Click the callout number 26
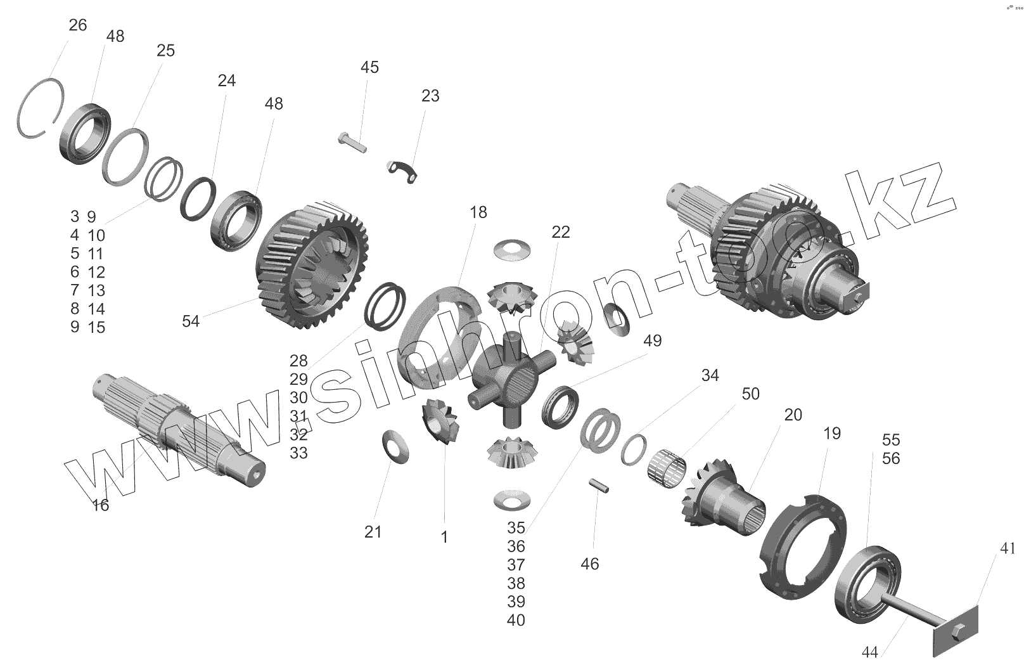(x=77, y=25)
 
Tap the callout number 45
(x=369, y=67)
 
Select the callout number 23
(x=430, y=96)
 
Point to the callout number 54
(x=191, y=321)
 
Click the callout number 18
(x=478, y=212)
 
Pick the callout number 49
(x=652, y=341)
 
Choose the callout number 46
(x=589, y=564)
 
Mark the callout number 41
(x=1008, y=548)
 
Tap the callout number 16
(x=101, y=505)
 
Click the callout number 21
(x=373, y=532)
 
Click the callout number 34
(x=710, y=375)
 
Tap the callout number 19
(x=832, y=434)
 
